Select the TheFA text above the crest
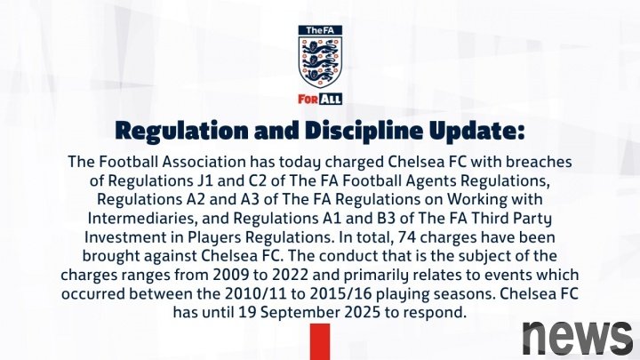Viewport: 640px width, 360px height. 320,30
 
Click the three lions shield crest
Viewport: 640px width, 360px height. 320,61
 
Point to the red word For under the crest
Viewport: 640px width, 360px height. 308,100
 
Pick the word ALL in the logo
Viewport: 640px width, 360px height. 330,100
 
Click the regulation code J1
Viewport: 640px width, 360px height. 204,180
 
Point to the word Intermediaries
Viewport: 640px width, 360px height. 143,219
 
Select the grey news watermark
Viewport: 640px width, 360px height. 578,338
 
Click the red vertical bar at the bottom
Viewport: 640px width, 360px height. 320,342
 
